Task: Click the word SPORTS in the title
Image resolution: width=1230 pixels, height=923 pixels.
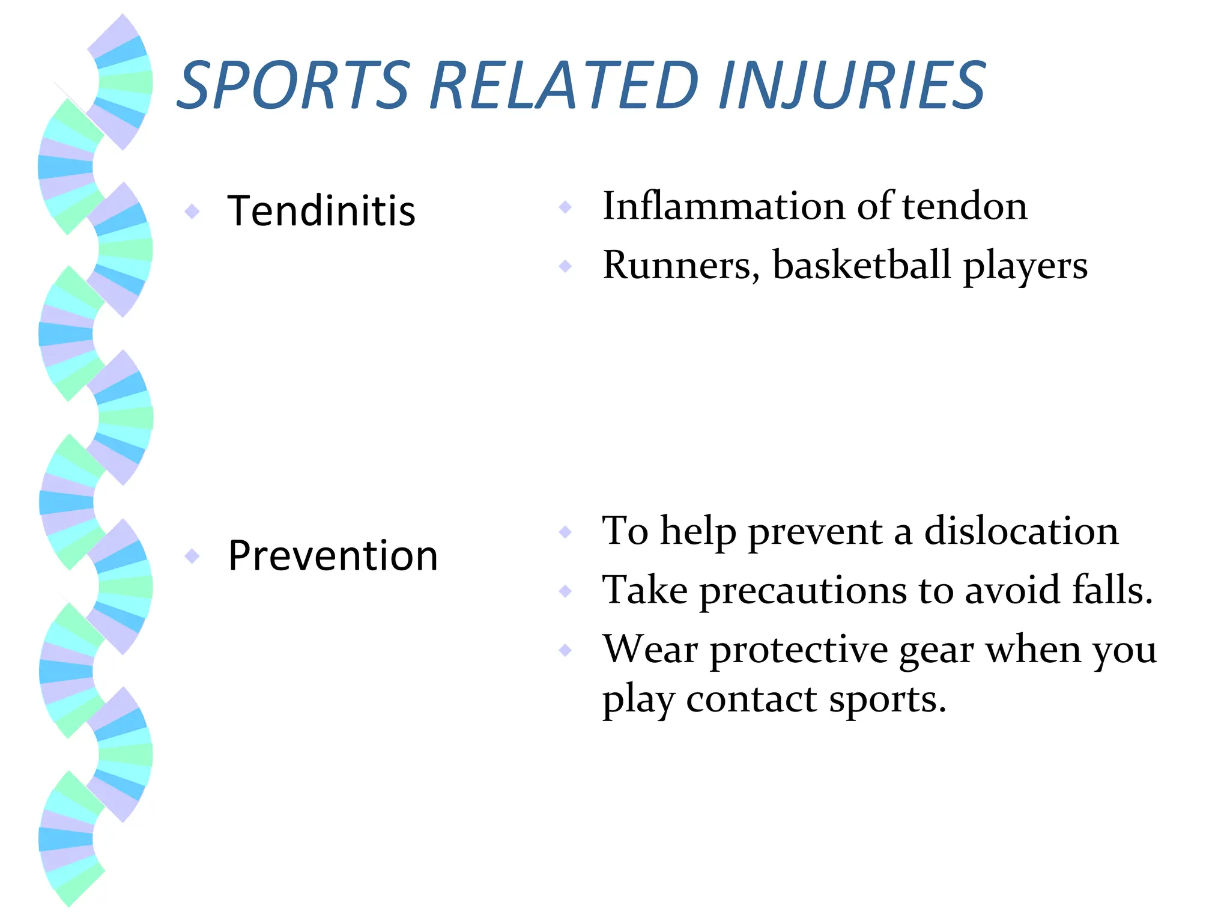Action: (294, 85)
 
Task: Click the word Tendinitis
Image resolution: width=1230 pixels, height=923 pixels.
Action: (321, 211)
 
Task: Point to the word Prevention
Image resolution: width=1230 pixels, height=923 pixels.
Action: (333, 556)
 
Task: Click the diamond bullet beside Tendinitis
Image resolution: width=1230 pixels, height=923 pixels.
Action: (192, 211)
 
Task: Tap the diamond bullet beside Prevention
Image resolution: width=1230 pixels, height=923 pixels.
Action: (192, 556)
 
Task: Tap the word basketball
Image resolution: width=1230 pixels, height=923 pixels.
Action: (862, 265)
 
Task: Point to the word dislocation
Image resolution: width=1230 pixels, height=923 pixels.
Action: (1021, 531)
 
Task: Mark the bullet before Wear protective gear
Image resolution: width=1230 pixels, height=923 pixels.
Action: (565, 650)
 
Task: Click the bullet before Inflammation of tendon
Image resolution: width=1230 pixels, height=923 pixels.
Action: (565, 207)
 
